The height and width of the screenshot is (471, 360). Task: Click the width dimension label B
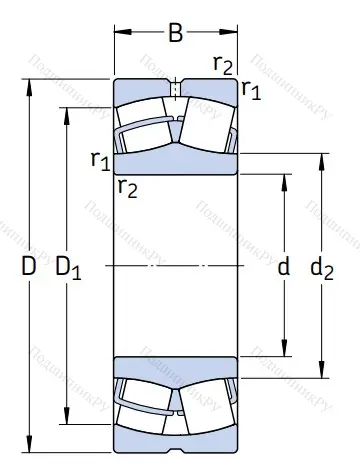[175, 33]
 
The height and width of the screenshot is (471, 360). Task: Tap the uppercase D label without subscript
[28, 267]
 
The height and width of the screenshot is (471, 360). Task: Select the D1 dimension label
[68, 268]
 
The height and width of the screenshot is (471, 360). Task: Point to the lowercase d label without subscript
[283, 267]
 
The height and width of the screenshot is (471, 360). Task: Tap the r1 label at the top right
[251, 91]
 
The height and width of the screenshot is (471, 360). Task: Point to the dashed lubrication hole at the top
[175, 89]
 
